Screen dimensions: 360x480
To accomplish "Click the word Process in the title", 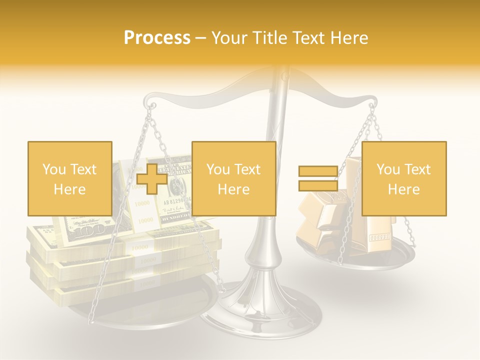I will pyautogui.click(x=157, y=38).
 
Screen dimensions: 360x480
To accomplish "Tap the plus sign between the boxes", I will pyautogui.click(x=152, y=179).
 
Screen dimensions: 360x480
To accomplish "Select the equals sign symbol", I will pyautogui.click(x=318, y=179).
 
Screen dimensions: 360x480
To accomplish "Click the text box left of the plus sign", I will pyautogui.click(x=69, y=178).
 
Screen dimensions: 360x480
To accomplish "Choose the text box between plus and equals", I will pyautogui.click(x=233, y=178).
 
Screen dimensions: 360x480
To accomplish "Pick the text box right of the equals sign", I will pyautogui.click(x=403, y=178).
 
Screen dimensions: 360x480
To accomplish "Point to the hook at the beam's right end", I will pyautogui.click(x=371, y=105).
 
